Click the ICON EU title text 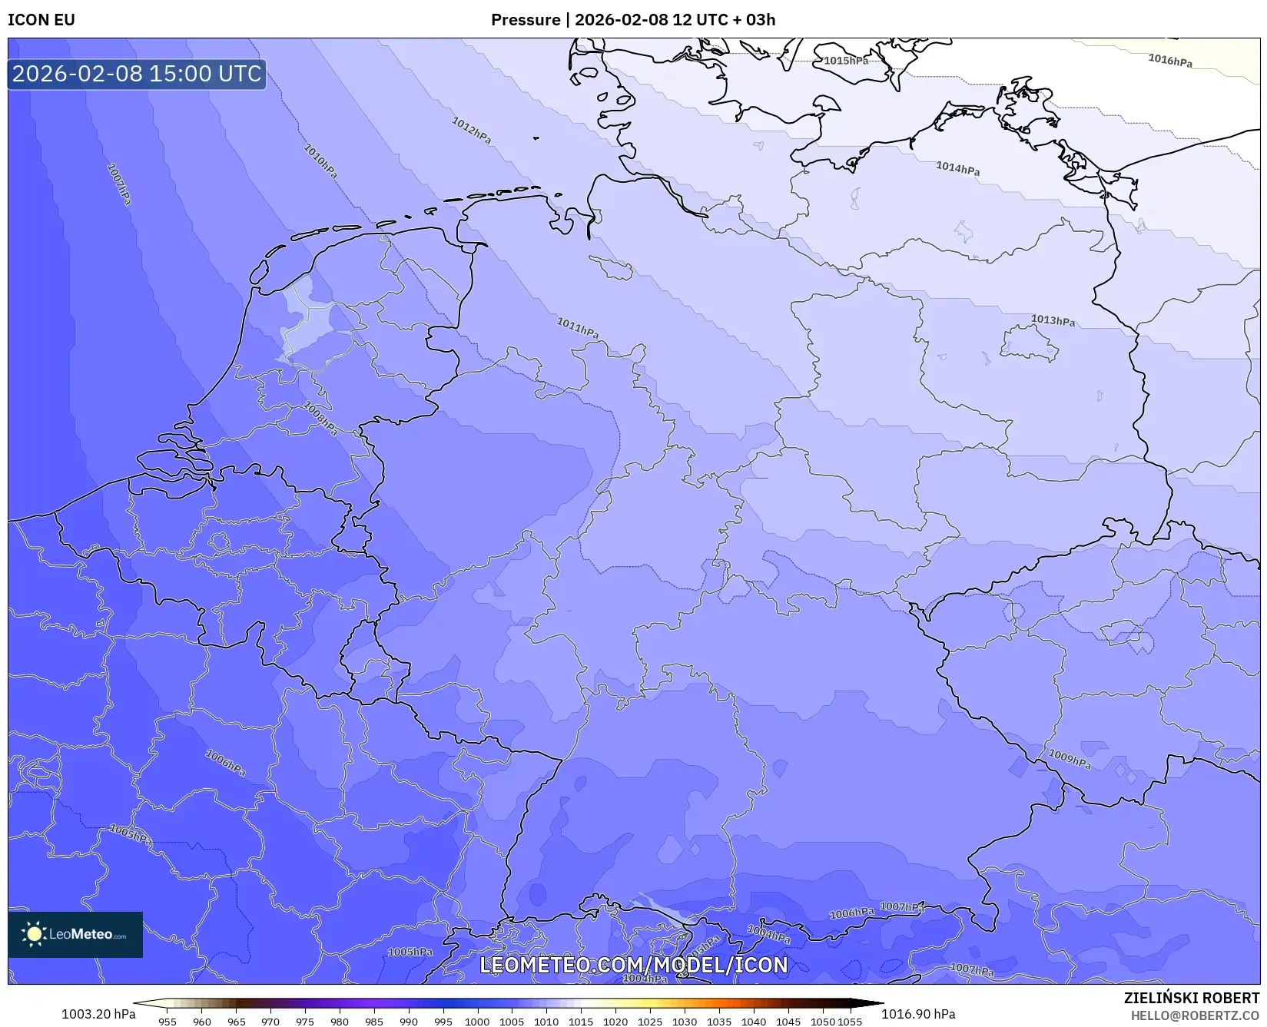click(x=41, y=20)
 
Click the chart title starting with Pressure click(x=632, y=20)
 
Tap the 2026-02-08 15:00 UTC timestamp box click(x=137, y=74)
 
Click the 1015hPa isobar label click(x=846, y=61)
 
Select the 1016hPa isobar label click(x=1169, y=61)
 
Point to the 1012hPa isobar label click(x=471, y=131)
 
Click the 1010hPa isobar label click(x=320, y=161)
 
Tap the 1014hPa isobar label click(x=957, y=168)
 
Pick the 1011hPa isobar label click(x=577, y=328)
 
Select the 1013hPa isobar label click(x=1053, y=320)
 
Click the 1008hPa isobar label click(x=321, y=419)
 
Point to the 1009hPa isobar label click(x=1070, y=759)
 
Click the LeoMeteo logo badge click(x=75, y=934)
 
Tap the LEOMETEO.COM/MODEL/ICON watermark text click(x=634, y=965)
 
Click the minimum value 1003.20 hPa click(x=98, y=1014)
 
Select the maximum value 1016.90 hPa click(x=918, y=1014)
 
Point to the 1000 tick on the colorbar click(x=476, y=1022)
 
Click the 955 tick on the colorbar click(x=167, y=1022)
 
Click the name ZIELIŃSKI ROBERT click(x=1191, y=998)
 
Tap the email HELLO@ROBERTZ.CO click(x=1194, y=1015)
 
